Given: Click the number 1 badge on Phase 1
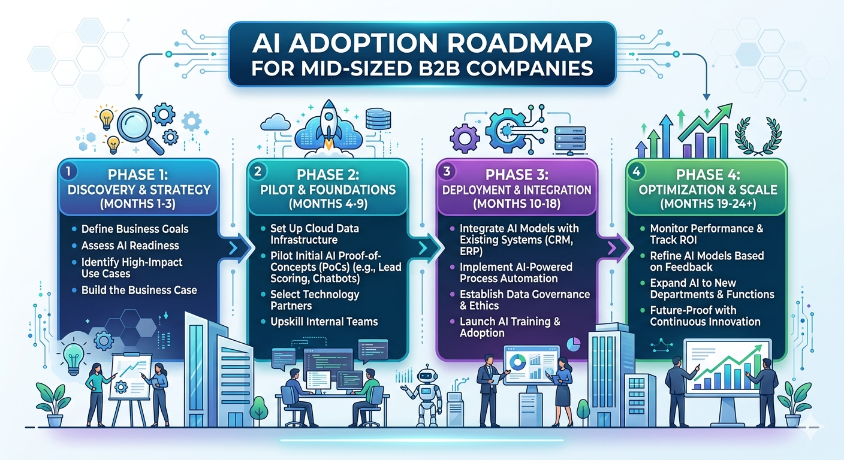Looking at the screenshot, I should [69, 171].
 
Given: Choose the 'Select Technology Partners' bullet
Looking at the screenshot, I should [315, 300].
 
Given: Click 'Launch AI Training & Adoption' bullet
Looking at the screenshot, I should [510, 327].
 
